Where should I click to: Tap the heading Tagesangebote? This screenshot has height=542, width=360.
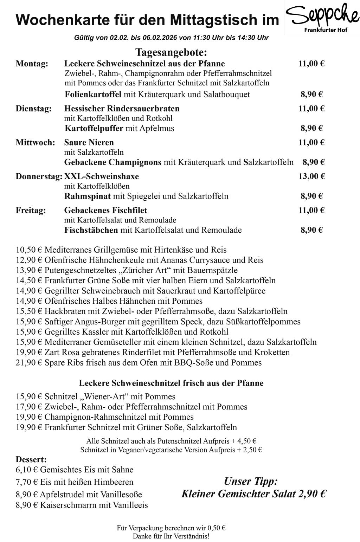pos(171,53)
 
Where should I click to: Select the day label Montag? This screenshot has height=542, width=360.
pos(32,64)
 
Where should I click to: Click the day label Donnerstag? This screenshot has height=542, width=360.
pos(39,176)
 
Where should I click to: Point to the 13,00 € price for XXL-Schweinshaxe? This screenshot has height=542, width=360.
pos(311,176)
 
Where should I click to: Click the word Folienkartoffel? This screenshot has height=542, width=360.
pos(93,94)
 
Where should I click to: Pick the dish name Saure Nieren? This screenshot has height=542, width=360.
pos(89,142)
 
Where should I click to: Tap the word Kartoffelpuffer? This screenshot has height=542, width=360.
pos(94,128)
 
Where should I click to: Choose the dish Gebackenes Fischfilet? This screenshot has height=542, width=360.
pos(105,210)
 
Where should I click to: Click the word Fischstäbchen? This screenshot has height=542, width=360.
pos(91,230)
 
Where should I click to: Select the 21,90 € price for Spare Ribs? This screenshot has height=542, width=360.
pos(29,362)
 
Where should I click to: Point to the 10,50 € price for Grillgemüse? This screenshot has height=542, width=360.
pos(29,250)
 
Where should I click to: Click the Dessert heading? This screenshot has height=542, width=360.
pos(31,459)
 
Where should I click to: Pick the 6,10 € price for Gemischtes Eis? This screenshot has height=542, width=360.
pos(27,470)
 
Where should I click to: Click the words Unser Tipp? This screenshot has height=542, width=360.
pos(251,481)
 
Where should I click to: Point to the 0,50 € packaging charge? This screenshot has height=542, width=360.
pos(217,528)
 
